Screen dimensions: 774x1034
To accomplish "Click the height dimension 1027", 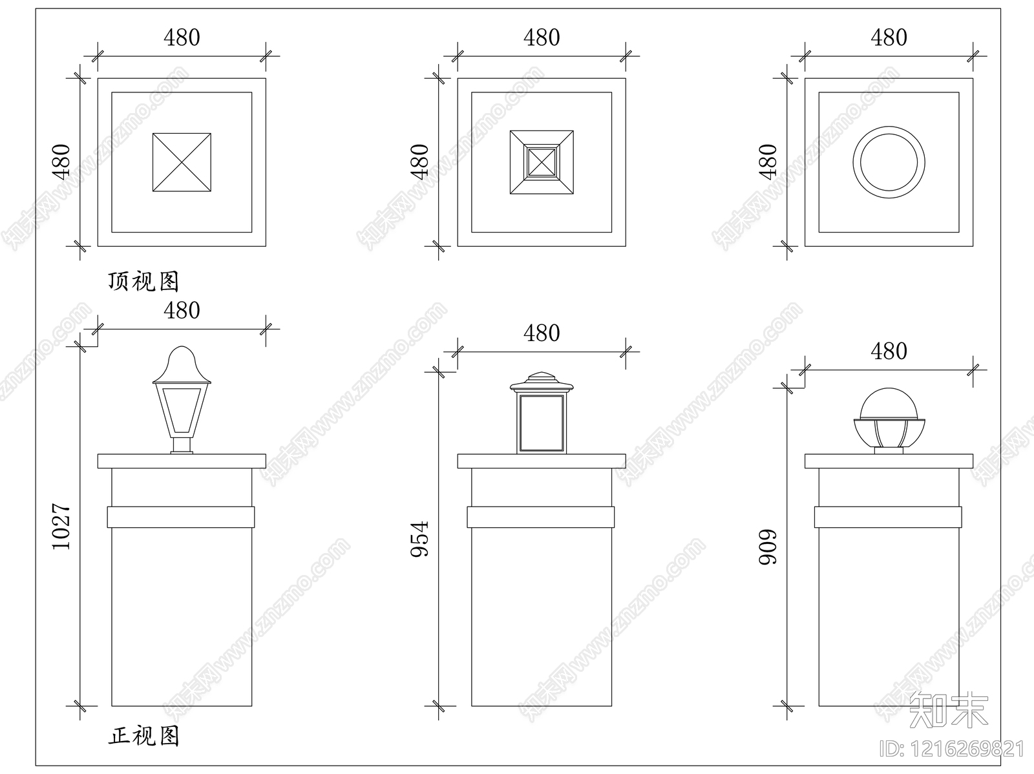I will click(x=61, y=527).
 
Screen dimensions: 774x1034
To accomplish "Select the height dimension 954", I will click(x=421, y=539).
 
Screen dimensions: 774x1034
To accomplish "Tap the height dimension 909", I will click(x=768, y=547).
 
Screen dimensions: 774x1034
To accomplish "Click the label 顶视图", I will click(x=143, y=281).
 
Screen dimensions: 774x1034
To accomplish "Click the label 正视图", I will click(x=143, y=735).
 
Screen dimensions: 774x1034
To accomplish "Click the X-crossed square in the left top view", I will click(x=182, y=162).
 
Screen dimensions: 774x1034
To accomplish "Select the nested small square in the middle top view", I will click(x=542, y=162).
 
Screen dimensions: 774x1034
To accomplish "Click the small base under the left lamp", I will click(x=182, y=446).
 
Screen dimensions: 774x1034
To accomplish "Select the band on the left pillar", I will click(x=181, y=518).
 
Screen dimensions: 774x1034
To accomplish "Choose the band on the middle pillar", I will click(x=541, y=518).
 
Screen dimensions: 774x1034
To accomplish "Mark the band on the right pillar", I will click(x=889, y=518).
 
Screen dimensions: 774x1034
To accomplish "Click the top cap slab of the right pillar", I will click(x=889, y=461).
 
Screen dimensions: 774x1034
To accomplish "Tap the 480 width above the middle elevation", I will click(x=542, y=333).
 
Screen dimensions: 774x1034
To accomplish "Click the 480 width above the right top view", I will click(x=889, y=38).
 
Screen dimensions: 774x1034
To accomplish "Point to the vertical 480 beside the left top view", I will click(x=61, y=162).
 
